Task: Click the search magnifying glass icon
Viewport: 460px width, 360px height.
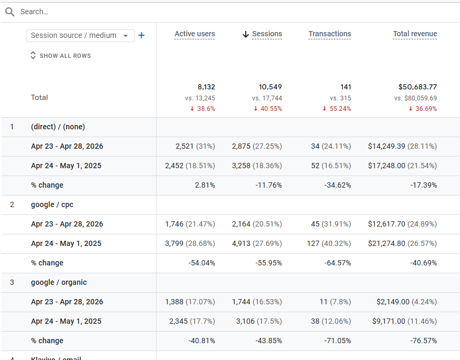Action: [9, 12]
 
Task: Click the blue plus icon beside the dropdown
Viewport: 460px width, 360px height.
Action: [141, 35]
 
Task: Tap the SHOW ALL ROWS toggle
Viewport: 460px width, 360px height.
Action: [60, 56]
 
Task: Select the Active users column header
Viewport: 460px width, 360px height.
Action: [195, 34]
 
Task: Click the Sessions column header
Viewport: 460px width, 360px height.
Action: [267, 34]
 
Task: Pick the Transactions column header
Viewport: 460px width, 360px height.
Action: [330, 34]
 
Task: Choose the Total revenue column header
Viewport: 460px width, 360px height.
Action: [415, 34]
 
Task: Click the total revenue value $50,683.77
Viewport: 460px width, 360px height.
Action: [417, 87]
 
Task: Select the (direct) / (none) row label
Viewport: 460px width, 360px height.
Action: [58, 127]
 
